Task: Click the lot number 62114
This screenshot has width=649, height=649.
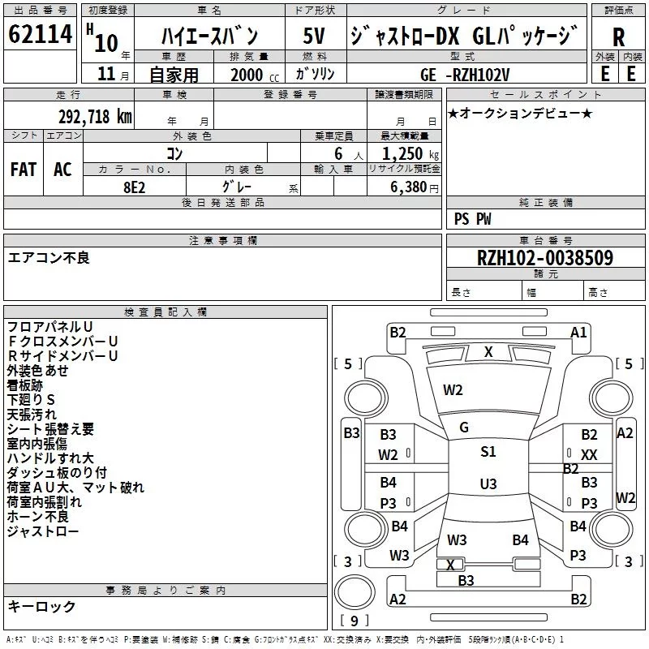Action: pos(40,33)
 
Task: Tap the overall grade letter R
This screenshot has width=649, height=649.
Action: pos(618,37)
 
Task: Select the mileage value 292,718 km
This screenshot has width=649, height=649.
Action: pos(95,117)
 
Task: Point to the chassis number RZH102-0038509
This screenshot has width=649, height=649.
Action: pos(545,257)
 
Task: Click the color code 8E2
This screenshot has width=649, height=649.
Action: pos(135,187)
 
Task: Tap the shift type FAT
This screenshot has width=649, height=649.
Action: pos(24,170)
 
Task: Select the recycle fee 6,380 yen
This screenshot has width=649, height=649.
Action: pos(415,187)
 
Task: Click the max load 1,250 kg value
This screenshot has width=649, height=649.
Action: pos(410,153)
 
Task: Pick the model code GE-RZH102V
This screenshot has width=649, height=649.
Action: pos(465,75)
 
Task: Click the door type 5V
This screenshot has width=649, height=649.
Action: pos(314,36)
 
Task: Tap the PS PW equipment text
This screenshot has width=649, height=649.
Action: pos(472,219)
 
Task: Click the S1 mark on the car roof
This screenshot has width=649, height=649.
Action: pos(488,451)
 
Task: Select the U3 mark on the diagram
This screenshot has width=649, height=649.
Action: pos(488,484)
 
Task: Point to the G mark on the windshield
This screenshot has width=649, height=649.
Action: pos(464,428)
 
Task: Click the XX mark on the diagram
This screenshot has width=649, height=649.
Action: pos(589,455)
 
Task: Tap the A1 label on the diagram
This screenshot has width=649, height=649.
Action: pos(578,333)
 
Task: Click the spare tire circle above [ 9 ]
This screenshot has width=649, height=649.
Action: pos(355,592)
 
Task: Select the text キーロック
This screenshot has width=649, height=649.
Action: pos(42,606)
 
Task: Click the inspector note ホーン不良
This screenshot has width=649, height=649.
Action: pos(37,516)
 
